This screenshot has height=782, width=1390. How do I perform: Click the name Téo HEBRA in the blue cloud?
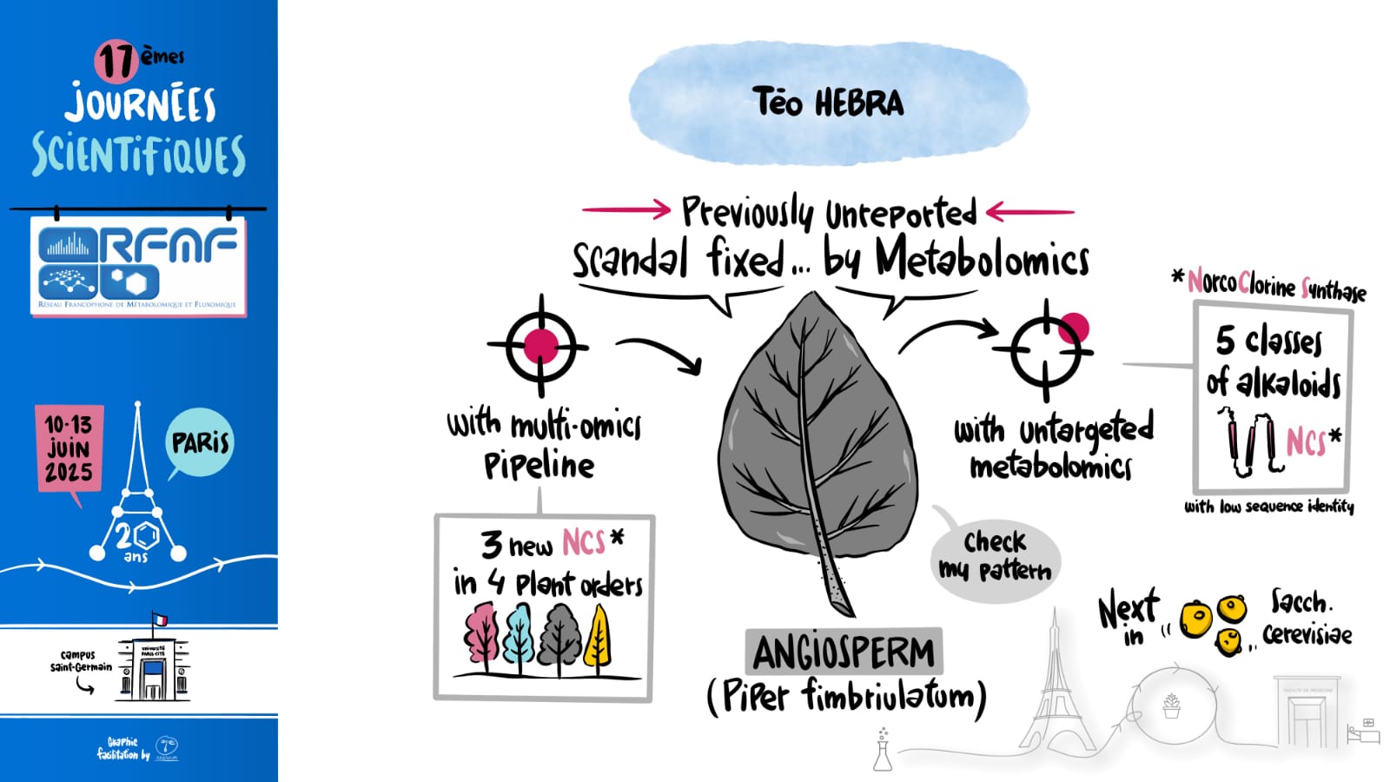click(x=828, y=103)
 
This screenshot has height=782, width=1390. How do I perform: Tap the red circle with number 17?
click(x=116, y=61)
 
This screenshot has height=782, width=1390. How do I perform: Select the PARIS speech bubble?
click(x=200, y=442)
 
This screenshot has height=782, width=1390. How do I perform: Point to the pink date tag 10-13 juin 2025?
click(x=69, y=448)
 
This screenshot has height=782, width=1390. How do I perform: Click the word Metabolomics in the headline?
click(x=982, y=259)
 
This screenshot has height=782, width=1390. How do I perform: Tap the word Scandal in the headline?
click(x=631, y=259)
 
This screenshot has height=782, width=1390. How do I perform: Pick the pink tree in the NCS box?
click(x=481, y=638)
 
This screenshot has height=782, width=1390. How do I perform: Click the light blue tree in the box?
click(x=520, y=639)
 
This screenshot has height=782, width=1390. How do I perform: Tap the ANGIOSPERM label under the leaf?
click(x=843, y=653)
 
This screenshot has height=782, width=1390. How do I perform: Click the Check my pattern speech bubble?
click(x=996, y=556)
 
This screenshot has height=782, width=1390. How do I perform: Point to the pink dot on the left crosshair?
click(x=540, y=345)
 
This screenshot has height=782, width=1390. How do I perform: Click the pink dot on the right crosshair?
click(x=1074, y=328)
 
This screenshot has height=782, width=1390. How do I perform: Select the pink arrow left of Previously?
click(x=625, y=209)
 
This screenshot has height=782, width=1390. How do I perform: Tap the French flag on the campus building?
click(x=160, y=620)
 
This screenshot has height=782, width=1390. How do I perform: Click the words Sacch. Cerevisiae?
click(x=1307, y=618)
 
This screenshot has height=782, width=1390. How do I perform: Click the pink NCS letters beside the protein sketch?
click(x=1306, y=441)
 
